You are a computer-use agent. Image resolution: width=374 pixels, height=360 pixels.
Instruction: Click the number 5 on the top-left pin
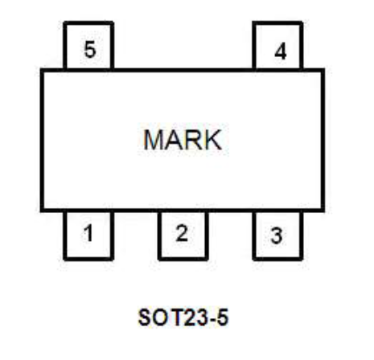coord(90,49)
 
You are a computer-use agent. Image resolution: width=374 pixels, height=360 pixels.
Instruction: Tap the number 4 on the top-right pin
coord(281,51)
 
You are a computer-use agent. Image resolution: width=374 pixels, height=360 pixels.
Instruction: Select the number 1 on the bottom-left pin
coord(88,233)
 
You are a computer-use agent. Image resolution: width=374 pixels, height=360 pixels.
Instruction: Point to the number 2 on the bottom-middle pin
coord(182,233)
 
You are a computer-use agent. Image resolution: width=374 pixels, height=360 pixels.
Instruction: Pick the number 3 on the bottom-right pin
coord(277,235)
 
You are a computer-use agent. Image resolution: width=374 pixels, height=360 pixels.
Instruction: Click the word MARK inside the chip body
coord(183,140)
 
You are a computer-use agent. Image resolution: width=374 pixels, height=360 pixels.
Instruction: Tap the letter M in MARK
coord(154,140)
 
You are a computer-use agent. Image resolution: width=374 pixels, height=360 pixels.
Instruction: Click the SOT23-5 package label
coord(183,317)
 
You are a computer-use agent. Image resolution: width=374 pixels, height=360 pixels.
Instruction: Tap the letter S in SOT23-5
coord(144,317)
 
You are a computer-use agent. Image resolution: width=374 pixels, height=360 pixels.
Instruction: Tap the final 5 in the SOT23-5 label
coord(222,317)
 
